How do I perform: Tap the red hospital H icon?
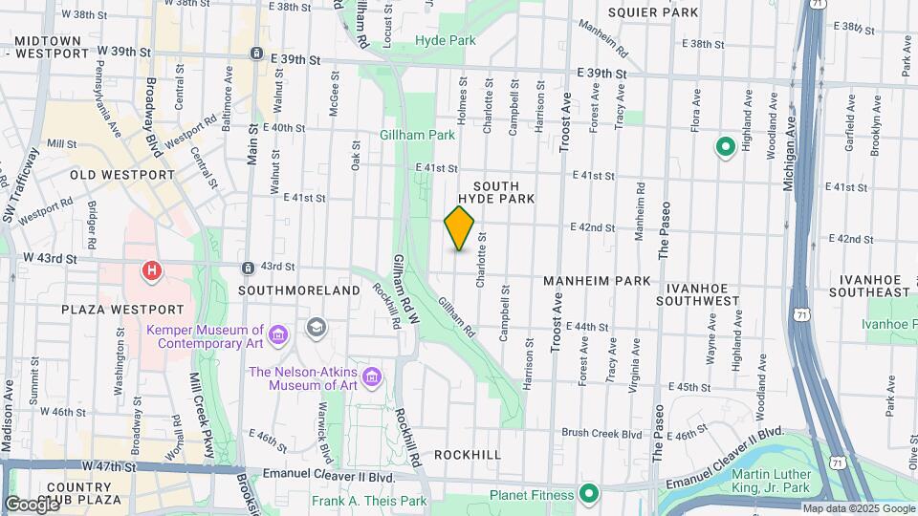coord(151,271)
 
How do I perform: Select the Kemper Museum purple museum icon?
coord(278,334)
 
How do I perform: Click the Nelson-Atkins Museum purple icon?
coord(372,378)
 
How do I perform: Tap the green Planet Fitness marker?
coord(590,495)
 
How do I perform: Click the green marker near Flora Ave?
coord(725,146)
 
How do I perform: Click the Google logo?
coord(32,504)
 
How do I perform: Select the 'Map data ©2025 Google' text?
coord(858,508)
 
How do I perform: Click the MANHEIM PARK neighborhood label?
coord(597,281)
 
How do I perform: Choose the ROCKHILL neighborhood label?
coord(467,455)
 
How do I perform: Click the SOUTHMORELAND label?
coord(286,290)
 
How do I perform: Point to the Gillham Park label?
coord(419,136)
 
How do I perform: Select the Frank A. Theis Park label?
coord(369,501)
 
